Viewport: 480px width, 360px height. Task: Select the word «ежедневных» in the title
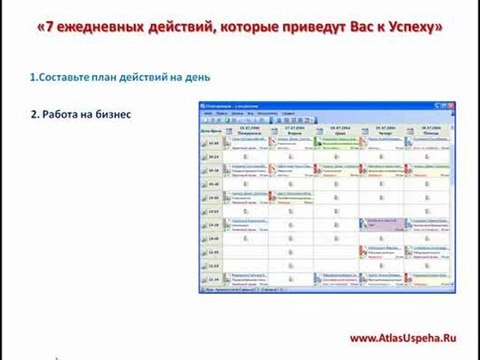(102, 30)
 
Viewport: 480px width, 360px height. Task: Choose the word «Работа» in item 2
(63, 113)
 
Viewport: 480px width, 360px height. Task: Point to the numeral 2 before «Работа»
(35, 113)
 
